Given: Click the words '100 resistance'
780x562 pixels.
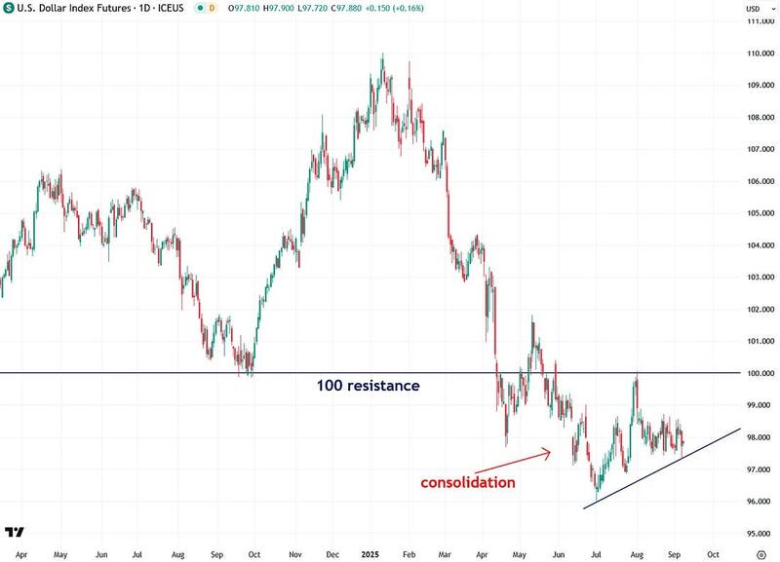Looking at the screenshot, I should (368, 386).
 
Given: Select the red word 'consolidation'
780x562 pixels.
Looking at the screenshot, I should (468, 482).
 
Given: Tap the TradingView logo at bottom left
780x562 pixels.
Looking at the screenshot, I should (15, 532).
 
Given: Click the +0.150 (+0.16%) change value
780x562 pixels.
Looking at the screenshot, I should (397, 9).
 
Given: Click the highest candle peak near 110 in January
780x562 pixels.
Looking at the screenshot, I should (382, 55).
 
